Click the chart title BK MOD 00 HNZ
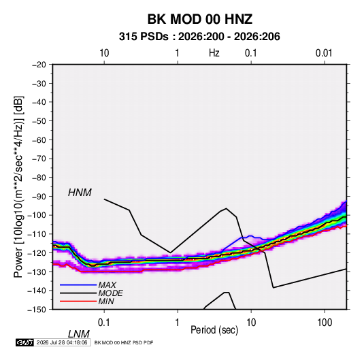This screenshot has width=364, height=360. [199, 19]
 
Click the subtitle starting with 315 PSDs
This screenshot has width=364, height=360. [199, 37]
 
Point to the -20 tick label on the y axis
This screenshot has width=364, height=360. [39, 65]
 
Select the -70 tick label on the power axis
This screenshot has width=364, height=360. [39, 159]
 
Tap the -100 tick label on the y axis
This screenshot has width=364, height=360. [37, 215]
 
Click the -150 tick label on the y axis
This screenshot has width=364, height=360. [37, 310]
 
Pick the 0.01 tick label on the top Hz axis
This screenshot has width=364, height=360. [324, 53]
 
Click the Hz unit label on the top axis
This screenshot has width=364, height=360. [214, 53]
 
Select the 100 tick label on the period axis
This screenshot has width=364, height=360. [325, 323]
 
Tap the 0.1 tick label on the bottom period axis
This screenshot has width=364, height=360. [103, 323]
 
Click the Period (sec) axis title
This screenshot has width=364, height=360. [214, 330]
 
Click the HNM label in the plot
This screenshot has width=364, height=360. [80, 193]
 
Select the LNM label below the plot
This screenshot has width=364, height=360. [79, 334]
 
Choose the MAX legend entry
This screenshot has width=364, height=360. [107, 285]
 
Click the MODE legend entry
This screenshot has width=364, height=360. [110, 293]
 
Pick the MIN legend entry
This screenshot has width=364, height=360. [106, 301]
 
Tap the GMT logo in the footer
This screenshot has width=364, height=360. [25, 342]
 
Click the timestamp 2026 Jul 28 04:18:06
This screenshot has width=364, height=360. [62, 342]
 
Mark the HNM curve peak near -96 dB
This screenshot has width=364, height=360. [227, 208]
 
